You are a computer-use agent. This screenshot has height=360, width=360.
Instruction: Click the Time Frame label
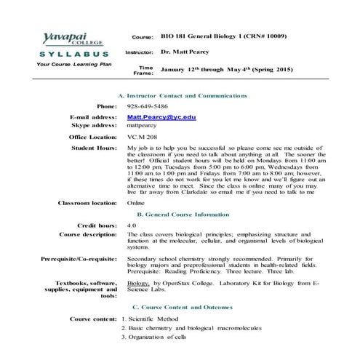point(143,70)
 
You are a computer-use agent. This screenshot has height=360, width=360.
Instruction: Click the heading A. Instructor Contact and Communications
point(182,95)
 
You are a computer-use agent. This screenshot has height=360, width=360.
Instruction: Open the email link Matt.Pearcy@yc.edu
point(161,116)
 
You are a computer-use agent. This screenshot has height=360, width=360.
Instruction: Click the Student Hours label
point(94,148)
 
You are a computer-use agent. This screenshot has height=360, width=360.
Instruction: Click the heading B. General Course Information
point(183,215)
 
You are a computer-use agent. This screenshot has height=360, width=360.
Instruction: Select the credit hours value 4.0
point(132,226)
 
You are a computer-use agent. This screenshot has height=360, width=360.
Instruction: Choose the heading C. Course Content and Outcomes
point(186,307)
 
